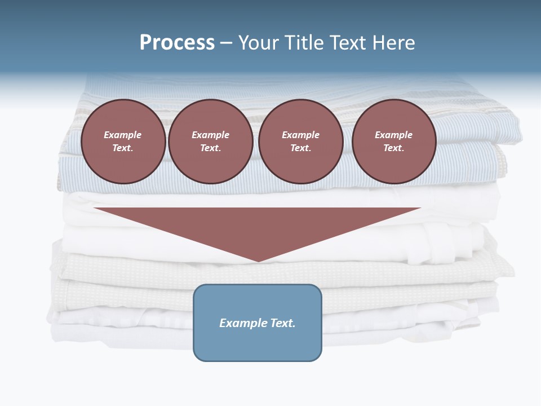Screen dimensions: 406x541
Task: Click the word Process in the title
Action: tap(177, 43)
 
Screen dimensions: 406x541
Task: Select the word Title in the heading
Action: tap(303, 43)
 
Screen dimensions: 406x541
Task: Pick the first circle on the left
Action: tap(123, 142)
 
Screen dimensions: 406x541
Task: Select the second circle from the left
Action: tap(211, 142)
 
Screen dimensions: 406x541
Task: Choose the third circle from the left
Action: tap(301, 142)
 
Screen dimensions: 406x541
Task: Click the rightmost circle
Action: tap(394, 142)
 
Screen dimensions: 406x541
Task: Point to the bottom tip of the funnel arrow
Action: tap(258, 261)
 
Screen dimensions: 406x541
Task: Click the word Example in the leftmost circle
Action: tap(123, 135)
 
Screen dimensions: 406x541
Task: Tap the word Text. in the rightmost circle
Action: tap(394, 148)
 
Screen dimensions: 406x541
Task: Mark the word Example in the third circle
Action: tap(301, 135)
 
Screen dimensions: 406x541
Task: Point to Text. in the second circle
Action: tap(211, 148)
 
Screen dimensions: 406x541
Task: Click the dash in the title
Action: tap(227, 43)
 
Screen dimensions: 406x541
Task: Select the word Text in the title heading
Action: tap(347, 43)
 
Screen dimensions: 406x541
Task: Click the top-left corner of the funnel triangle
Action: tap(95, 209)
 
